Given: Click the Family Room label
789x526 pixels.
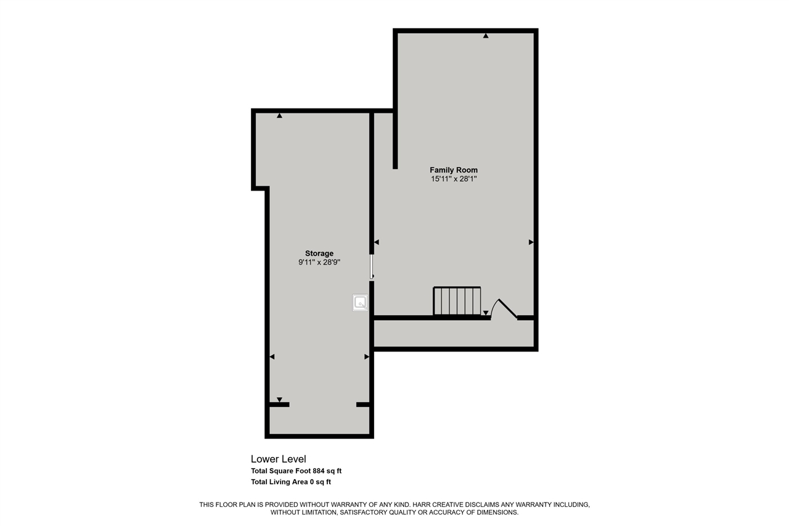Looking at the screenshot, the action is [x=454, y=170].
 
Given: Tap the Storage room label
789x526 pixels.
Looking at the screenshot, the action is [x=319, y=253].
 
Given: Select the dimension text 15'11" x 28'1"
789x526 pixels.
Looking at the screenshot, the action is [x=454, y=179].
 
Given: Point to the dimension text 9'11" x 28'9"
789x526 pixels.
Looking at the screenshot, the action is [x=319, y=263].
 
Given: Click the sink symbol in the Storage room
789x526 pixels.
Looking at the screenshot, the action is [x=360, y=303].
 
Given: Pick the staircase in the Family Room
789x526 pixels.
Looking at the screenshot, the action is [x=457, y=300].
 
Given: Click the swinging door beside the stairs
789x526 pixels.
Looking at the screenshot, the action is [x=504, y=309].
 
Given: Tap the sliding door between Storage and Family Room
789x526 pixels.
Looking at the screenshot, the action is [x=372, y=266].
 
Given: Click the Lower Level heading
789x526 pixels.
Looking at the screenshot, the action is [x=278, y=459].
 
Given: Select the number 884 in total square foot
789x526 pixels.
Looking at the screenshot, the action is [x=319, y=471].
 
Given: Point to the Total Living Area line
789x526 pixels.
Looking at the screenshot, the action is [x=291, y=482].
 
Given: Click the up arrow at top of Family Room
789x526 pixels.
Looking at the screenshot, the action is [x=486, y=36].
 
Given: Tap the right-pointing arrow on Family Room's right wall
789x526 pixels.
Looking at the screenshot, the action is [x=531, y=242].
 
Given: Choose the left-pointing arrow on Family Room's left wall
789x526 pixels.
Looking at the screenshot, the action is [x=377, y=242].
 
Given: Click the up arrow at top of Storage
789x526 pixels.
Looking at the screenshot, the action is [x=279, y=115].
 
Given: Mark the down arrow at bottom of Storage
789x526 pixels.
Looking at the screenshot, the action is [x=279, y=400].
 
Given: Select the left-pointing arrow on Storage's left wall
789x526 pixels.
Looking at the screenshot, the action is [x=272, y=357].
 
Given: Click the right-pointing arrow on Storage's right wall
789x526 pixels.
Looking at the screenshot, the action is [x=367, y=357].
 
